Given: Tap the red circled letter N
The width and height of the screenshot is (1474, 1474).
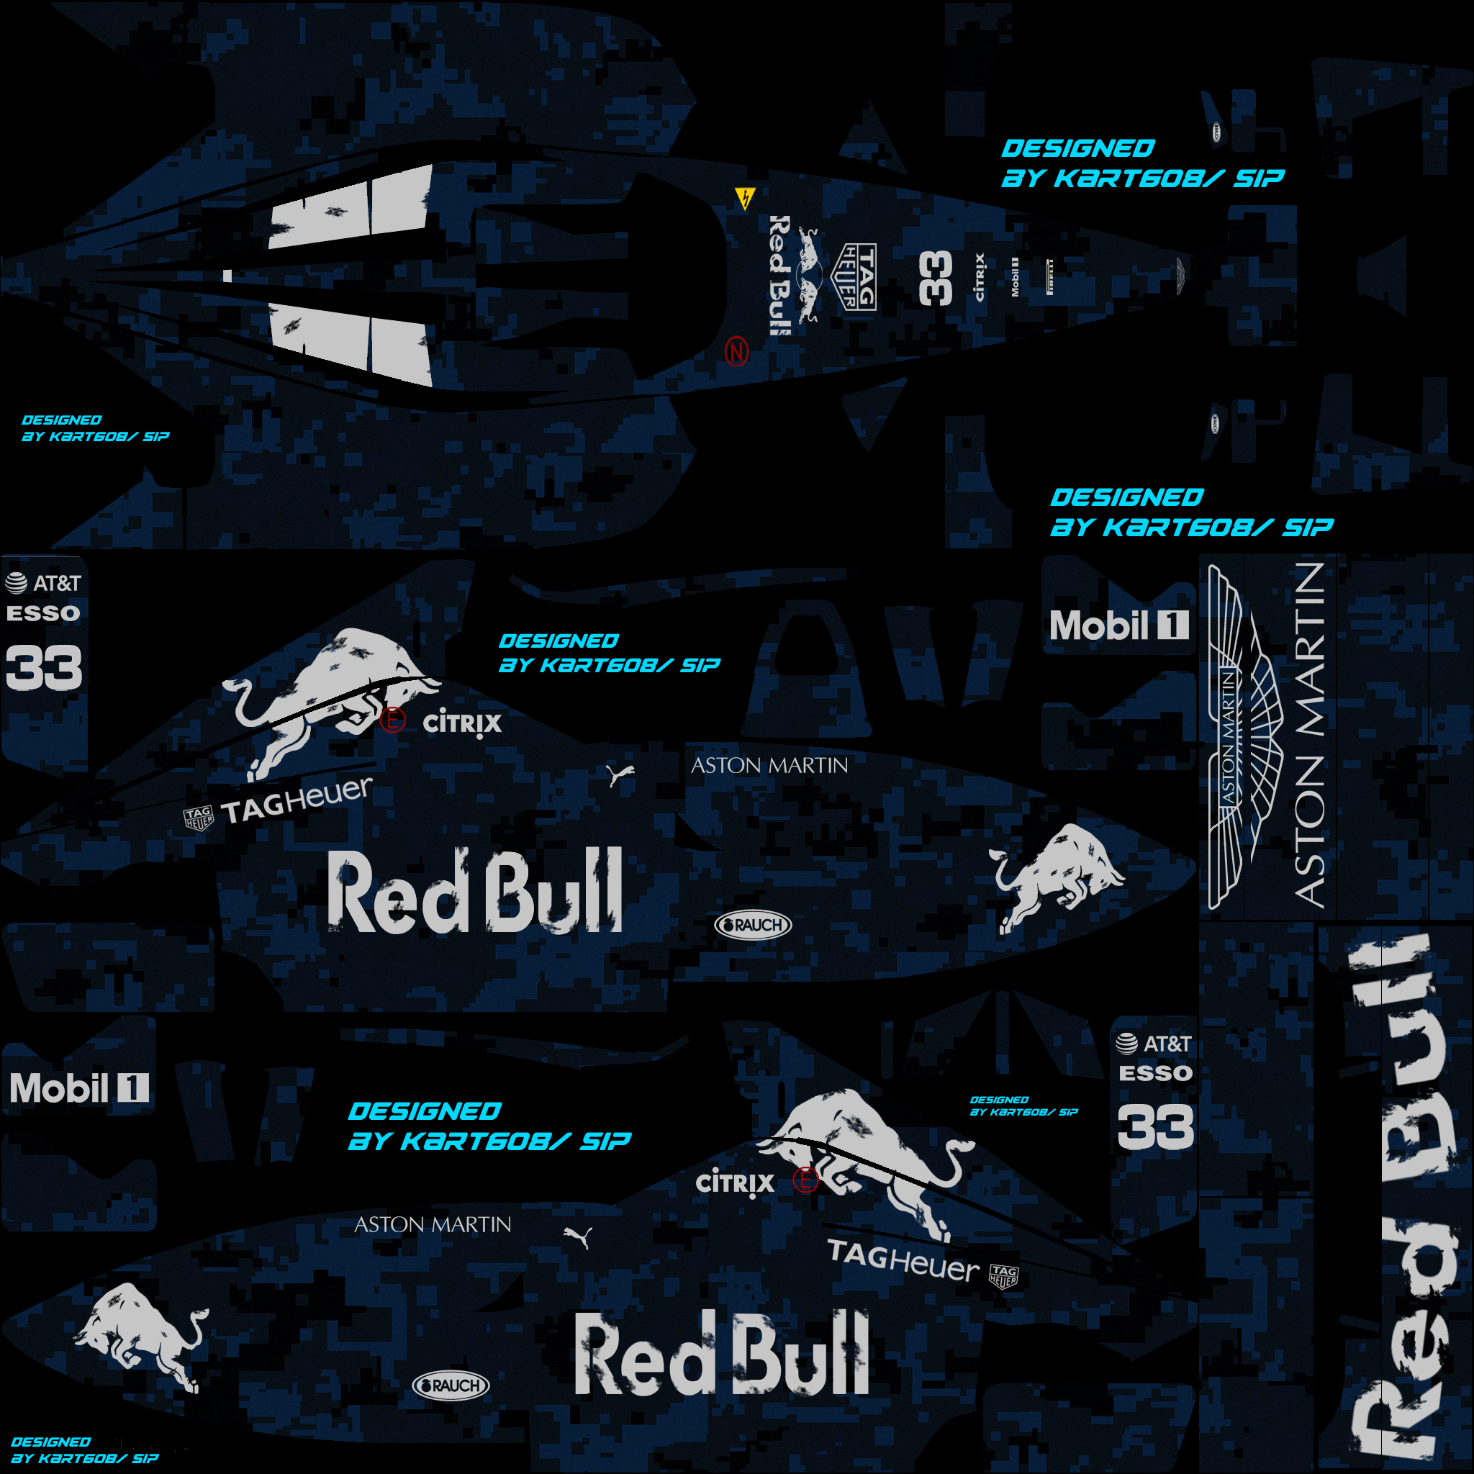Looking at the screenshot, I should (x=736, y=352).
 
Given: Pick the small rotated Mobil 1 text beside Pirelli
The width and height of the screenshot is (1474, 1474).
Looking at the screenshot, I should (x=1015, y=276).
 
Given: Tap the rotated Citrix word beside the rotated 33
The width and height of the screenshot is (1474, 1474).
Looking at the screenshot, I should (x=980, y=277).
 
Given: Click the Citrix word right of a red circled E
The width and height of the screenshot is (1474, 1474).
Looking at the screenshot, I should (x=462, y=723).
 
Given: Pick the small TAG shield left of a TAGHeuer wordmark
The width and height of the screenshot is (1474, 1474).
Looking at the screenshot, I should (x=199, y=818).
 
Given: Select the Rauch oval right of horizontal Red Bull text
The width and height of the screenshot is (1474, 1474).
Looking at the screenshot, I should (x=753, y=926).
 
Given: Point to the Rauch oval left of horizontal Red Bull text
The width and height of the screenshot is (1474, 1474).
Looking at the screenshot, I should (x=451, y=1385).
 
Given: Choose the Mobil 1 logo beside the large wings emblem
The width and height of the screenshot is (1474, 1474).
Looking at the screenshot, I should (x=1118, y=625).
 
